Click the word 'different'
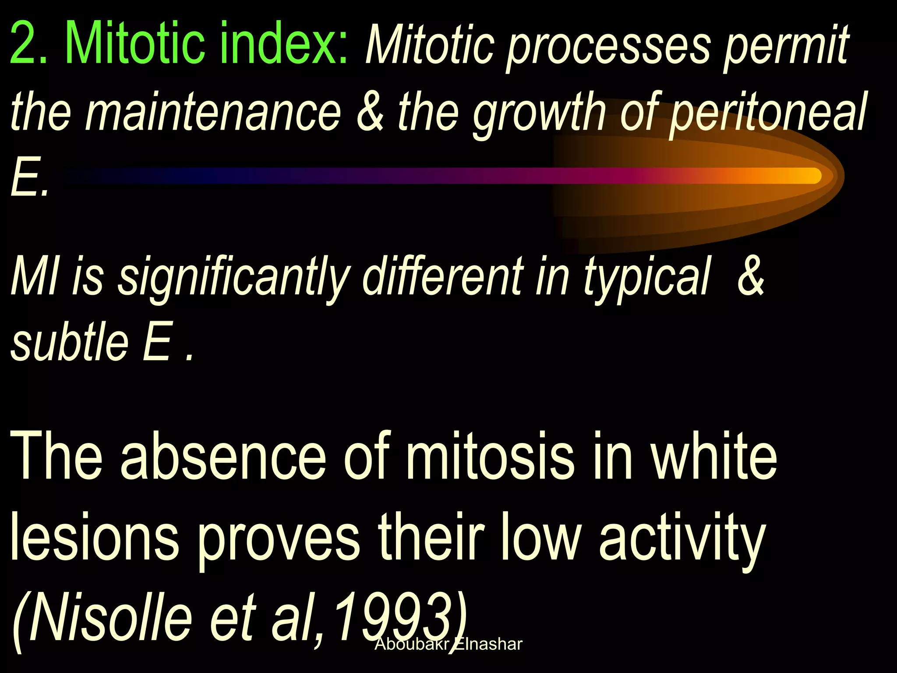click(443, 277)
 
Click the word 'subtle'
click(70, 342)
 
